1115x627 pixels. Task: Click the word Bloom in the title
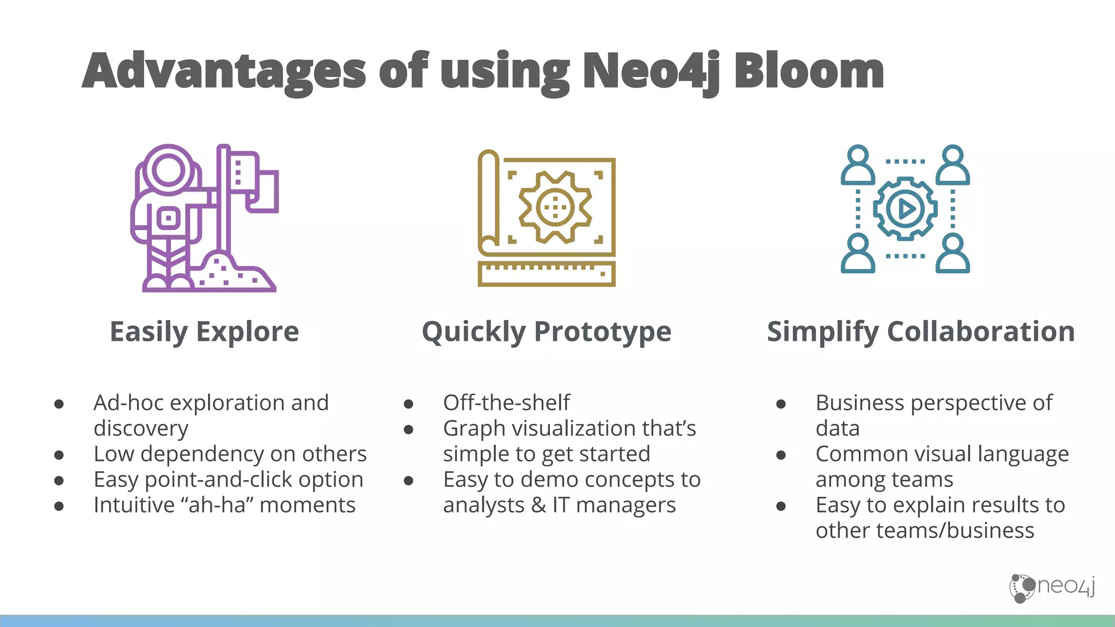coord(809,71)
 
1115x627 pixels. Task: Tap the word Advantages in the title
coord(224,71)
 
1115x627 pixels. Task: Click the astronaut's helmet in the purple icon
coord(168,169)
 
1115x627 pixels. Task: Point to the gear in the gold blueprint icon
coord(555,207)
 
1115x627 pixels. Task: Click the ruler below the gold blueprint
coord(547,274)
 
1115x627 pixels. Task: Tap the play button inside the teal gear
coord(905,208)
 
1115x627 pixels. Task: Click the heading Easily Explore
coord(204,331)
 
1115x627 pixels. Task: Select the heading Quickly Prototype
coord(547,331)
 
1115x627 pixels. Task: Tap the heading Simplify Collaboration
coord(921,331)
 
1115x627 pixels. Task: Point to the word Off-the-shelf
coord(506,403)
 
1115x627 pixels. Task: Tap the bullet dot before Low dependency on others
coord(59,455)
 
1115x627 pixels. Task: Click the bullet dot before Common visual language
coord(781,455)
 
